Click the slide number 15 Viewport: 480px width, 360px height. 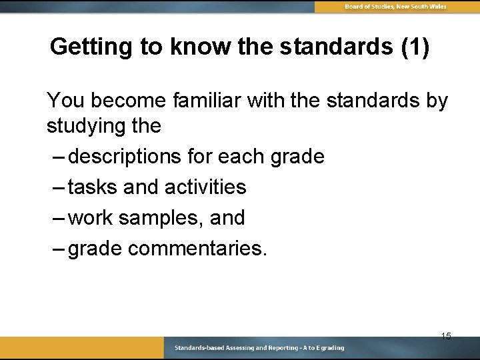tap(446, 335)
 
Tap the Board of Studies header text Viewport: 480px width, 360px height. tap(395, 7)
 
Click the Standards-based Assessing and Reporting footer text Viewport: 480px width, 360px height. tap(259, 348)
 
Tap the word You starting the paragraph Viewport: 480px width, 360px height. tap(65, 101)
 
